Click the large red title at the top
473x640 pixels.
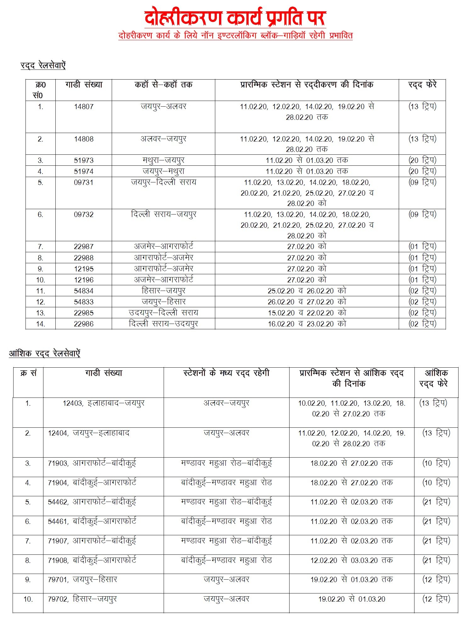[235, 18]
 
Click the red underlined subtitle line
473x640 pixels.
[235, 35]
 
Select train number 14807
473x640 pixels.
[84, 107]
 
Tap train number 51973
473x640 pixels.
[84, 160]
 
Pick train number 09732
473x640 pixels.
[84, 214]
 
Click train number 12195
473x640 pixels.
[84, 269]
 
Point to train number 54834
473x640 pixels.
[84, 291]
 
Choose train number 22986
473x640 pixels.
[84, 324]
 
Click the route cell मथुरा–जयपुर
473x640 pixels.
[163, 160]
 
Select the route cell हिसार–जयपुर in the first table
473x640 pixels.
[163, 291]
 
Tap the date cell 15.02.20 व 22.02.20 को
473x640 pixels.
[307, 313]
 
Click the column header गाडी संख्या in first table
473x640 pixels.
[84, 85]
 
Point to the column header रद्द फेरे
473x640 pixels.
[422, 85]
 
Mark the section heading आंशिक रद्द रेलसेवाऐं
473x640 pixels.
[44, 353]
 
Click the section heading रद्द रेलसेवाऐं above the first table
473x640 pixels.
[43, 65]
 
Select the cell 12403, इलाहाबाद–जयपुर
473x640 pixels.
[104, 403]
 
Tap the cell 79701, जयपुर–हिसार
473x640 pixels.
[82, 580]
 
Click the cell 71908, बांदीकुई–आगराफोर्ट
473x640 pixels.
[92, 560]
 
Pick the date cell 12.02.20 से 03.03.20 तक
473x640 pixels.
[352, 560]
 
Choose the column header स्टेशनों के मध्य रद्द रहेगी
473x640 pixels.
[226, 373]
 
